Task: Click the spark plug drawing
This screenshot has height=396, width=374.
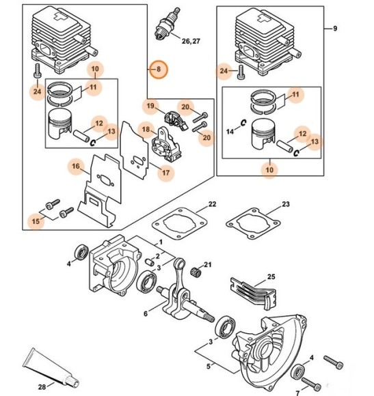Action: point(168,23)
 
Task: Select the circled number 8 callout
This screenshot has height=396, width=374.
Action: point(159,69)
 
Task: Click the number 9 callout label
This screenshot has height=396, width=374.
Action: point(335,28)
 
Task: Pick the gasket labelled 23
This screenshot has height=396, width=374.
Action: point(253,223)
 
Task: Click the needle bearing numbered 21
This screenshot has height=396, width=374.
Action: point(196,272)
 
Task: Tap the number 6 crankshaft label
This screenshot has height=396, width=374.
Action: point(146,313)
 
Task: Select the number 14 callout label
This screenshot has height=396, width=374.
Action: point(230,132)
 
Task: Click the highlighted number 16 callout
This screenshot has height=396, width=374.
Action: point(76,166)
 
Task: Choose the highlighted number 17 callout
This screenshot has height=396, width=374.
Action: point(166,173)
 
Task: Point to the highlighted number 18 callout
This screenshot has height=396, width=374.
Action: point(146,130)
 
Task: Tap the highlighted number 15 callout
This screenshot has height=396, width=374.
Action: point(36,221)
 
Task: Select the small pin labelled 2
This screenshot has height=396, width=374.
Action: point(150,261)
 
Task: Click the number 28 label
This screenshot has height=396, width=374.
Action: point(42,386)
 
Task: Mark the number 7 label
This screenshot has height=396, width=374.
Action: point(298,393)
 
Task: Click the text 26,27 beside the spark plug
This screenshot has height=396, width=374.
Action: point(191,41)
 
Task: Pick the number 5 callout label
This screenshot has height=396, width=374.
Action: point(209,366)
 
